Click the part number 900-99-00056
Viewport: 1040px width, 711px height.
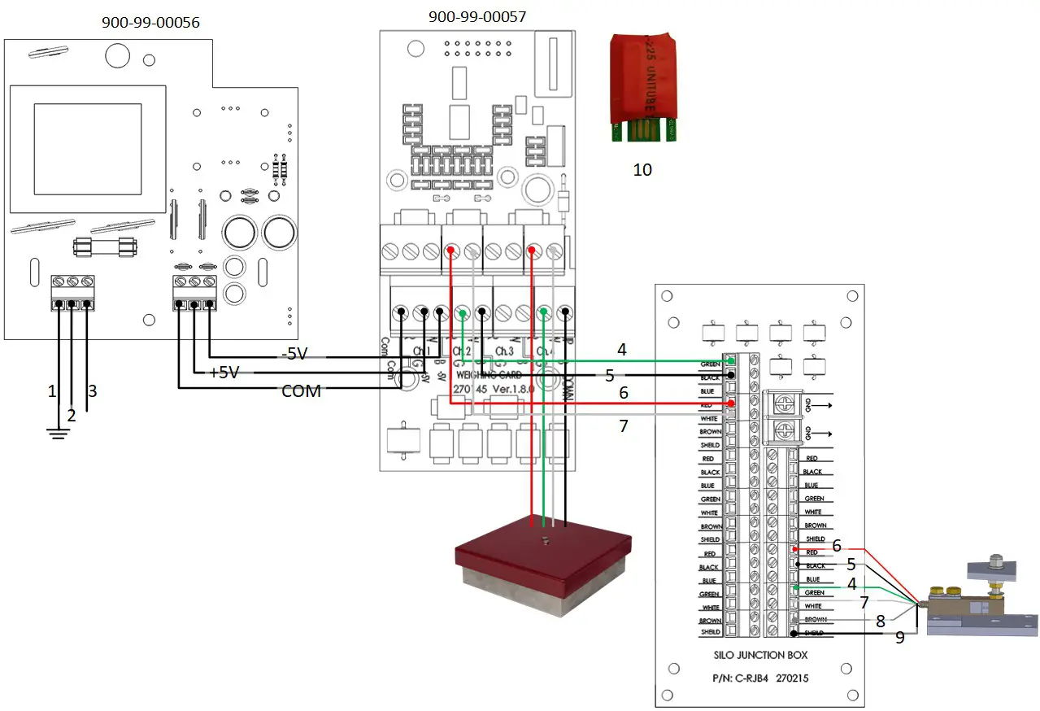pyautogui.click(x=150, y=23)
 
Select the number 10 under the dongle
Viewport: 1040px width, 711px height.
pyautogui.click(x=642, y=170)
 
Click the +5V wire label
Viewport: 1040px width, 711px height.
pyautogui.click(x=224, y=373)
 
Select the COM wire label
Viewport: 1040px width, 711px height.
pyautogui.click(x=302, y=390)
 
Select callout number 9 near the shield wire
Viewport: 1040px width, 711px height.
pyautogui.click(x=899, y=638)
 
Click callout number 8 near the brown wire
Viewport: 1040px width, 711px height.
pyautogui.click(x=880, y=621)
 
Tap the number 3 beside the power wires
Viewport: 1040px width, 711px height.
pyautogui.click(x=92, y=391)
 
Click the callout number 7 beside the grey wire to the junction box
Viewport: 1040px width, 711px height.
pyautogui.click(x=624, y=425)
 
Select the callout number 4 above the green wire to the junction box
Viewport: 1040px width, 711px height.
pyautogui.click(x=622, y=350)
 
